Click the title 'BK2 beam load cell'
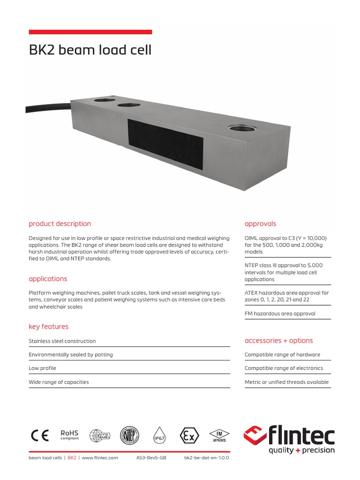(90, 50)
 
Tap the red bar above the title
(90, 32)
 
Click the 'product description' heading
(60, 224)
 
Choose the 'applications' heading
(48, 278)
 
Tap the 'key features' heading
(48, 326)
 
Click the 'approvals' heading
(260, 224)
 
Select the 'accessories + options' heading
(278, 340)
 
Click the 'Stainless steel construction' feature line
(62, 341)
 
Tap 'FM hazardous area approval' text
(280, 313)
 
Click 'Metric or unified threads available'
(286, 382)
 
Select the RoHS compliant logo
(69, 435)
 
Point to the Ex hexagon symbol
(188, 436)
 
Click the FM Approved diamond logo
(218, 435)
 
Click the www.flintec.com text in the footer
(100, 457)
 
